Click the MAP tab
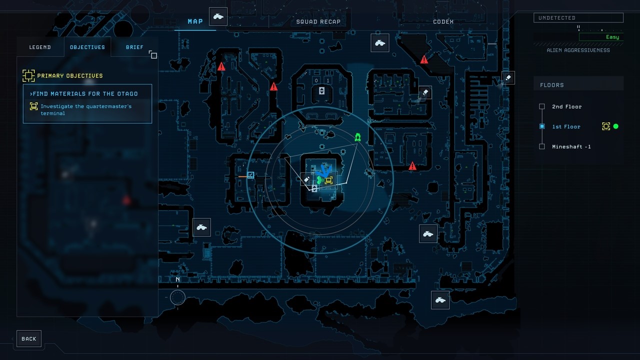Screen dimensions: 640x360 pos(195,21)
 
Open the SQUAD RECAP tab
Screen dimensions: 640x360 pos(318,21)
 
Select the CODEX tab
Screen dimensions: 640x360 pos(443,21)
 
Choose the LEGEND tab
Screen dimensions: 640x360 pos(40,47)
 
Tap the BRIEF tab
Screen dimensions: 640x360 pos(134,47)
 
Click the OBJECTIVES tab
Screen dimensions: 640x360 pos(87,47)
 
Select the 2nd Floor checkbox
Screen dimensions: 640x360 pos(542,106)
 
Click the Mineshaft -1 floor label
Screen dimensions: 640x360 pos(571,146)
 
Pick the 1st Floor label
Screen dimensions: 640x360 pos(566,126)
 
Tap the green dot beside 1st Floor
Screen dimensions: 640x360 pos(615,126)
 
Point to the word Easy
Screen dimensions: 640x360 pos(612,37)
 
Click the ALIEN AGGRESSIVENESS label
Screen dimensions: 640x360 pos(578,50)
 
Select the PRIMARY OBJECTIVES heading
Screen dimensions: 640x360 pos(69,75)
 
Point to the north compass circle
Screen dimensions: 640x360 pos(177,297)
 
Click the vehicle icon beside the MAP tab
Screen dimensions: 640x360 pos(218,16)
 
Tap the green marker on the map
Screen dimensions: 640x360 pos(357,137)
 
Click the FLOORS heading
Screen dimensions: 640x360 pos(551,85)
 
